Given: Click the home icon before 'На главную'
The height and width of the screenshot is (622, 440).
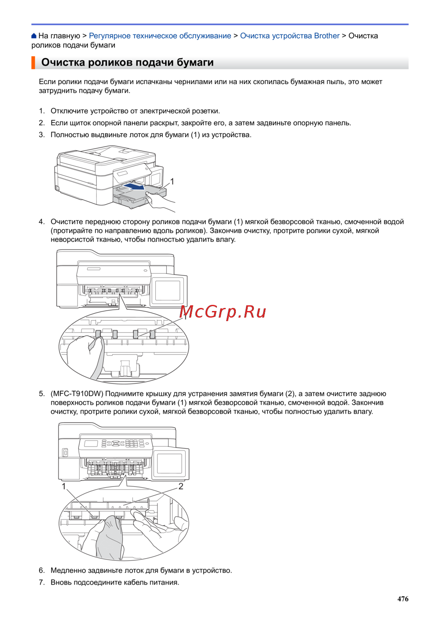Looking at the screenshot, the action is [x=34, y=36].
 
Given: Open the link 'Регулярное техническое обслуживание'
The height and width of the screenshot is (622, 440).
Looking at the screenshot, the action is [x=160, y=36].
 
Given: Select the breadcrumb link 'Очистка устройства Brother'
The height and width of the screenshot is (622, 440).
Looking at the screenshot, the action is [x=290, y=36].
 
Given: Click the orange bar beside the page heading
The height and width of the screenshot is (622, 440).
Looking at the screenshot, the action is [x=33, y=62].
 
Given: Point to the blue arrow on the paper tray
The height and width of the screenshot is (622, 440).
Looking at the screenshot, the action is [x=135, y=186].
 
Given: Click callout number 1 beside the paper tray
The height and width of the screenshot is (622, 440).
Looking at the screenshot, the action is [x=172, y=182].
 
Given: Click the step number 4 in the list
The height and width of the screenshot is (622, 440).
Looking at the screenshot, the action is [x=42, y=222].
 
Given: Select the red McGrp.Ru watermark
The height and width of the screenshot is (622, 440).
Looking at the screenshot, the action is [x=223, y=312].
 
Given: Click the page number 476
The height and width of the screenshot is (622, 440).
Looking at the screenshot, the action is [x=403, y=599].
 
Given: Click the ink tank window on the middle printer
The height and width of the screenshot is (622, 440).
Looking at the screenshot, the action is [x=168, y=290].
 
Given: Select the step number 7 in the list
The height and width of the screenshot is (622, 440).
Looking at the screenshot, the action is [x=42, y=582].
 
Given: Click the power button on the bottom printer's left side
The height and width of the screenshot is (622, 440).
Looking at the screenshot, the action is [x=65, y=453].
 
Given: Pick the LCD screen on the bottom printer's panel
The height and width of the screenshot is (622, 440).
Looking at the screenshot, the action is [x=91, y=443].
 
